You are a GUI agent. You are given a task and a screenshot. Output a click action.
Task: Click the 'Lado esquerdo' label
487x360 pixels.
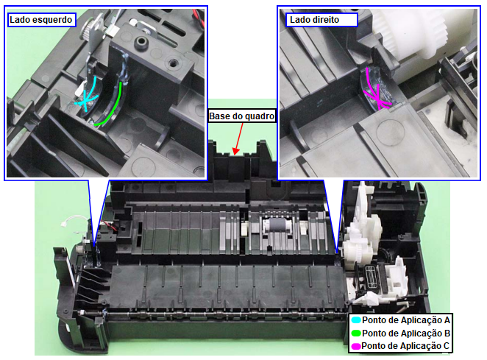[41, 20]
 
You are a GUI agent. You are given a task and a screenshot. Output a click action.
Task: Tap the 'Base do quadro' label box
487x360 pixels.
[241, 116]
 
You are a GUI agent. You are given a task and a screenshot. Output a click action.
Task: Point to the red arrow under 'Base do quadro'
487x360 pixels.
[239, 138]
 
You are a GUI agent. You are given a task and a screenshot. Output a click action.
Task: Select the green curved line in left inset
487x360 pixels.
[113, 107]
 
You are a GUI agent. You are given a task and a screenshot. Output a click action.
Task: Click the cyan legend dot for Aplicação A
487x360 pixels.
[355, 320]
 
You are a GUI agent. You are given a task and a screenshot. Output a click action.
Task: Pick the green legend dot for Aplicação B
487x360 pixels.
[355, 333]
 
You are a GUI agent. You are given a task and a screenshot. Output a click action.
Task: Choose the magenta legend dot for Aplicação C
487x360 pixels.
[355, 346]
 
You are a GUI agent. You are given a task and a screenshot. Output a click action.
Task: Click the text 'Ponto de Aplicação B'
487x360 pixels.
[406, 333]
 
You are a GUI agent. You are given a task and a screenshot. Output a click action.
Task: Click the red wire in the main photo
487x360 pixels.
[108, 225]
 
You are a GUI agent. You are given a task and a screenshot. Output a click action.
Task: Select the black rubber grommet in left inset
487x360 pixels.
[142, 41]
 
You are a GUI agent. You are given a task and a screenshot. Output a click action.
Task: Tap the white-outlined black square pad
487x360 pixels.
[371, 277]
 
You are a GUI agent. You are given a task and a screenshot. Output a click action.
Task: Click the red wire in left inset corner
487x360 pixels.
[198, 16]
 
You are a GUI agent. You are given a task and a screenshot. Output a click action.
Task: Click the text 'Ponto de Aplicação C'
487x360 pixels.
[405, 346]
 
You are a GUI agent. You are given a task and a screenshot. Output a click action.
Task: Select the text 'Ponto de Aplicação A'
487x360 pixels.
[406, 320]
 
